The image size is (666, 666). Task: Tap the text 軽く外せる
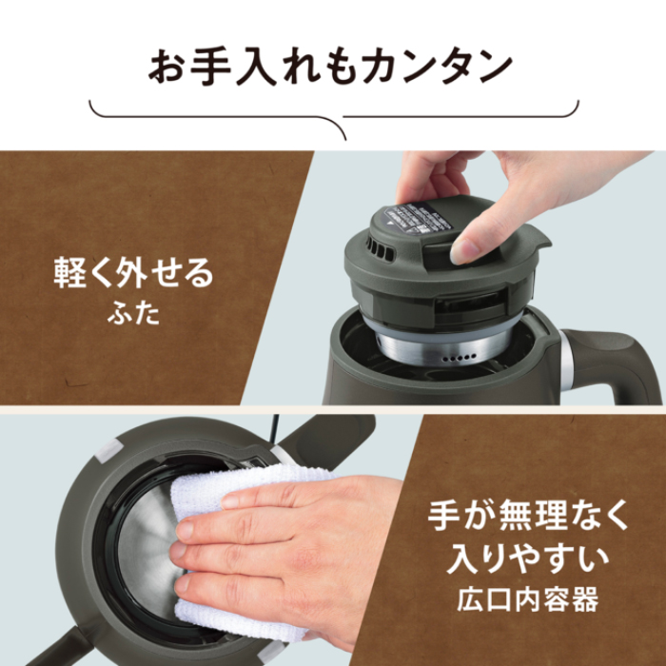point(133,275)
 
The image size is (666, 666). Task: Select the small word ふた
point(133,315)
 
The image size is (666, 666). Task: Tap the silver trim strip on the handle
point(568,365)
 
